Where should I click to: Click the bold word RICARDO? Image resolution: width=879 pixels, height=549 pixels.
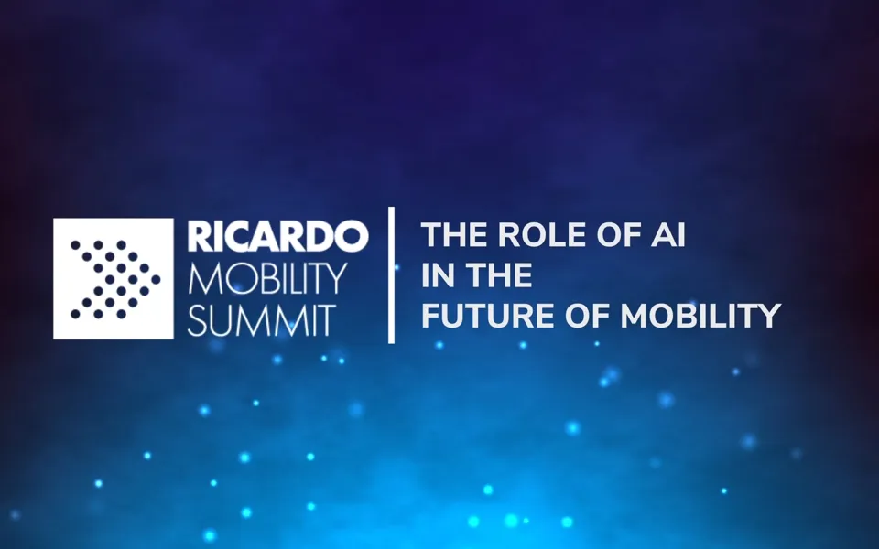277,236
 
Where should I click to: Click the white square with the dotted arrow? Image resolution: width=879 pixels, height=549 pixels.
114,278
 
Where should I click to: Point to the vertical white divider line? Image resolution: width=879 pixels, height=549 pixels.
392,274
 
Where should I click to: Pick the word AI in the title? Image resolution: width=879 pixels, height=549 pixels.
671,236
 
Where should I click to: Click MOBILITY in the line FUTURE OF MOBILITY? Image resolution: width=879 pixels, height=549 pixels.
700,316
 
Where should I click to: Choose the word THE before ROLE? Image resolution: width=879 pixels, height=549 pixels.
454,236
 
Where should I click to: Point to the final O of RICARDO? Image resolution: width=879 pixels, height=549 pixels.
353,236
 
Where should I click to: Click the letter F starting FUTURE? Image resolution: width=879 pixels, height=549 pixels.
429,316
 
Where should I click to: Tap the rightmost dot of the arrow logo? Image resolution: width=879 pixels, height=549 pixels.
156,279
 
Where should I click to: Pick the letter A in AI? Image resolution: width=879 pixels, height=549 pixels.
666,236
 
